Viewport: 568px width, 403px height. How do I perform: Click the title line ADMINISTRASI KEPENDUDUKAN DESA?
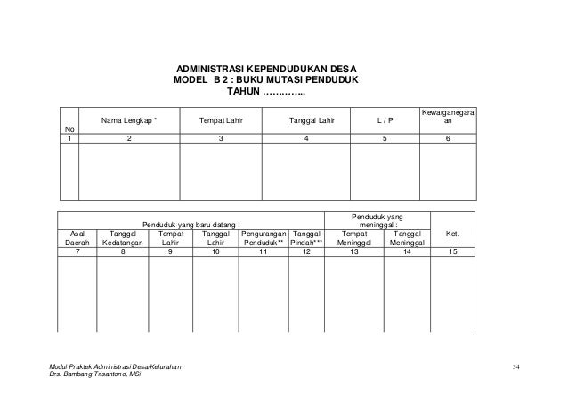[266, 69]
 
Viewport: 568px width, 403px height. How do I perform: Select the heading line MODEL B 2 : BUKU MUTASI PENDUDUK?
[266, 80]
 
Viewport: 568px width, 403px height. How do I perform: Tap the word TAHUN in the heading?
[243, 92]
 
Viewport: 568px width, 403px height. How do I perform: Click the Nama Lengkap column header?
[128, 119]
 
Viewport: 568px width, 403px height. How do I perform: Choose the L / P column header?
[385, 119]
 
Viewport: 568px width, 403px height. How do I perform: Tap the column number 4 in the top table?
[307, 138]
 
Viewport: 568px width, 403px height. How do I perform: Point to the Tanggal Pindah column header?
[307, 236]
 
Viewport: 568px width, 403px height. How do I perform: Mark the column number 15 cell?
[454, 252]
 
